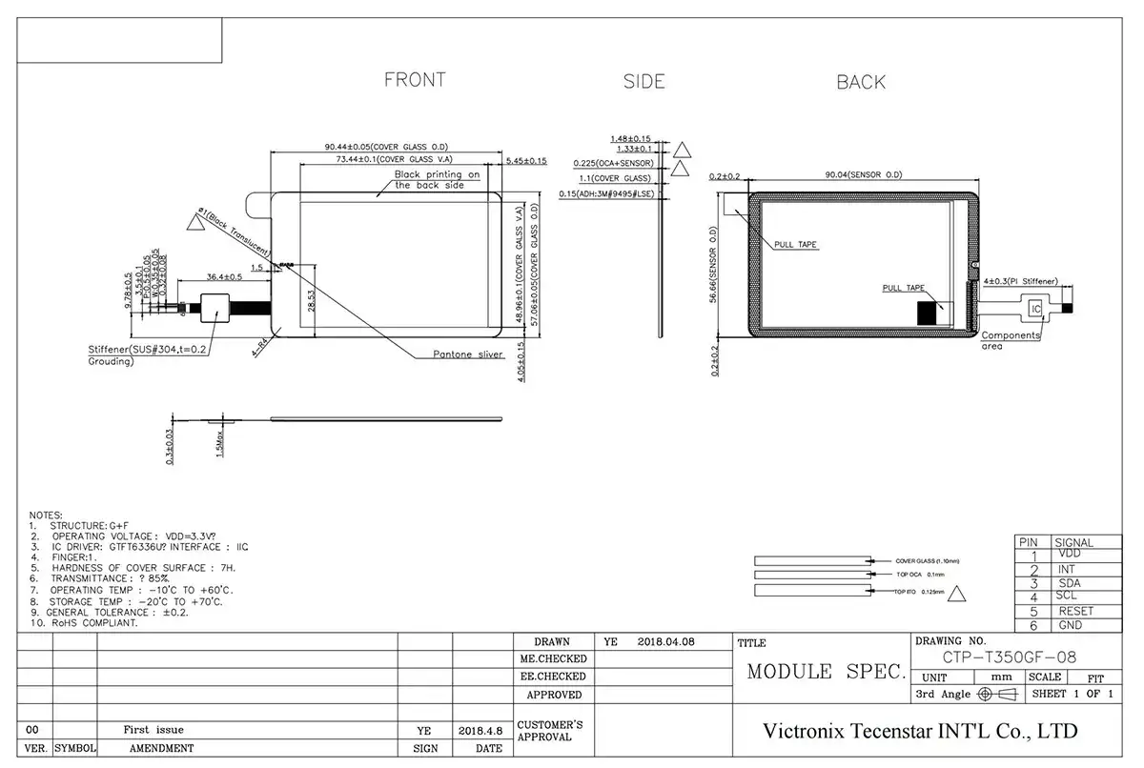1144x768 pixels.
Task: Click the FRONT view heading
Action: [415, 80]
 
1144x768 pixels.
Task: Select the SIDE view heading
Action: [643, 82]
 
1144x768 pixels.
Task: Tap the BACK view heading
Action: [861, 83]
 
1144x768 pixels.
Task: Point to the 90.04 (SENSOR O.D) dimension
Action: [864, 175]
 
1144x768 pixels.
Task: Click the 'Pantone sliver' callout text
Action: [468, 354]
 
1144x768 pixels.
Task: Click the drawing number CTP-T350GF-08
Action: [1010, 656]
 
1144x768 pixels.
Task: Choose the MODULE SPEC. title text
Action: [826, 672]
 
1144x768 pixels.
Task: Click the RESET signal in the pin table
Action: [1075, 611]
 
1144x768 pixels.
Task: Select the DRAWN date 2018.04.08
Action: [665, 642]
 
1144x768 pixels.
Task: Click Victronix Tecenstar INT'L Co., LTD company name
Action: [920, 731]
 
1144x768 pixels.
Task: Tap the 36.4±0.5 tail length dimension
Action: [224, 277]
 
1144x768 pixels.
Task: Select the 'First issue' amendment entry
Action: [153, 729]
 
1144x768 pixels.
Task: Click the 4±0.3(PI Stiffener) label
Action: [1019, 281]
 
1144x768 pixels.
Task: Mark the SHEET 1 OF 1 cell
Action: [1072, 694]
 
